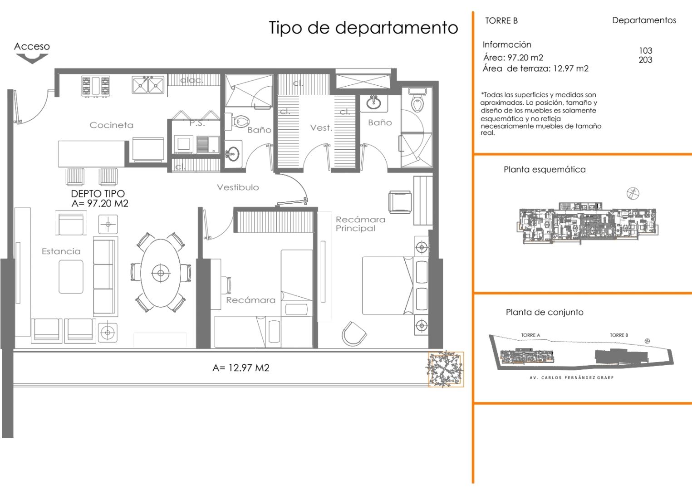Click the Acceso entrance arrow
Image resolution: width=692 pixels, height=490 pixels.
tap(32, 58)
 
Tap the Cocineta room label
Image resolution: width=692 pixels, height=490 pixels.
tap(111, 125)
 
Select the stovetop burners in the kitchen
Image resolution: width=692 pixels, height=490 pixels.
tap(96, 86)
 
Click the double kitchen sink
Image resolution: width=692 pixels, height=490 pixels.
tap(148, 85)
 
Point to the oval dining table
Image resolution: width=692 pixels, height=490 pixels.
tap(160, 273)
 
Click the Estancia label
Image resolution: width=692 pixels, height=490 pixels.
tap(61, 251)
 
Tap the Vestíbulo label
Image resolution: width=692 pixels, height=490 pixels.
tap(238, 187)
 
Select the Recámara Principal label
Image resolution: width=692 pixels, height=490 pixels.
tap(360, 224)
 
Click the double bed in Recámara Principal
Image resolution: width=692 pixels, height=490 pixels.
tap(388, 285)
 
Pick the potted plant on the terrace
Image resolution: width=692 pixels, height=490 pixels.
tap(446, 369)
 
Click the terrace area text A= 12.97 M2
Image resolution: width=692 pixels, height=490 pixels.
tap(241, 368)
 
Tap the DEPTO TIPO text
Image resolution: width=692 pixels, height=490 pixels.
tap(98, 194)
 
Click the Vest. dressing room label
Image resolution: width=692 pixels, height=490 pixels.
tap(321, 128)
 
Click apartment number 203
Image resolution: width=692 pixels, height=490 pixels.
tap(645, 60)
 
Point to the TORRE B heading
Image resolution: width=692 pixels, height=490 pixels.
tap(501, 20)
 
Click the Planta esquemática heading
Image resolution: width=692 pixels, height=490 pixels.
tap(544, 170)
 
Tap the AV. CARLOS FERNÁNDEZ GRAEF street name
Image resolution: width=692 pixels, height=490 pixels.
tap(571, 377)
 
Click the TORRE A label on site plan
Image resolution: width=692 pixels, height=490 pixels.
tap(530, 335)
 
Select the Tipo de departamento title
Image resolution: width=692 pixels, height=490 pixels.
tap(363, 28)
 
